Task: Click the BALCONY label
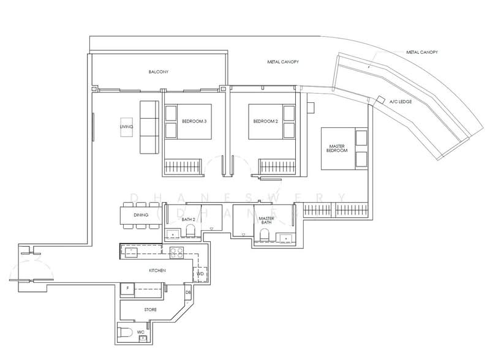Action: coord(158,72)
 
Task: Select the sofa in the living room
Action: coord(149,127)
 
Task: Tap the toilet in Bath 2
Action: coord(190,230)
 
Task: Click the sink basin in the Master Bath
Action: coord(284,238)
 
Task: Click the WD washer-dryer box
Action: coord(200,274)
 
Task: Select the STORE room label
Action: coord(150,310)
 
